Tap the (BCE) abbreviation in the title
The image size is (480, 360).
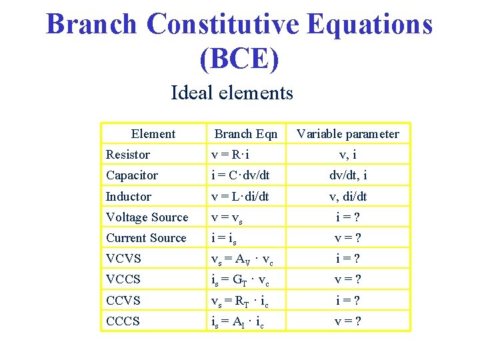pyautogui.click(x=239, y=58)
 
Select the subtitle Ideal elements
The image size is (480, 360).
pyautogui.click(x=232, y=92)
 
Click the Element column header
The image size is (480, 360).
pyautogui.click(x=153, y=134)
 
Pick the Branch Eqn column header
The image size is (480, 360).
pyautogui.click(x=245, y=134)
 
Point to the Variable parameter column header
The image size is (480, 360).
pyautogui.click(x=347, y=134)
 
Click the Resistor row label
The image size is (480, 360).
pyautogui.click(x=128, y=155)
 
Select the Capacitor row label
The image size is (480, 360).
pyautogui.click(x=132, y=175)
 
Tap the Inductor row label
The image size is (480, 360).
pyautogui.click(x=129, y=197)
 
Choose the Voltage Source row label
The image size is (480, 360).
pyautogui.click(x=147, y=217)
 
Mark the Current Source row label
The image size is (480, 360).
pyautogui.click(x=146, y=238)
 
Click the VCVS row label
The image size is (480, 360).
pyautogui.click(x=123, y=259)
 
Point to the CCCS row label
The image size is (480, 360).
pyautogui.click(x=123, y=321)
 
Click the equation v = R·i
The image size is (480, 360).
pyautogui.click(x=231, y=155)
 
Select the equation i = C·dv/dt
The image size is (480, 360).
pyautogui.click(x=240, y=175)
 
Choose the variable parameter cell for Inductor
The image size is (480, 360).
pyautogui.click(x=347, y=197)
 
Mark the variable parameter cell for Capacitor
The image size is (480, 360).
pyautogui.click(x=347, y=175)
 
